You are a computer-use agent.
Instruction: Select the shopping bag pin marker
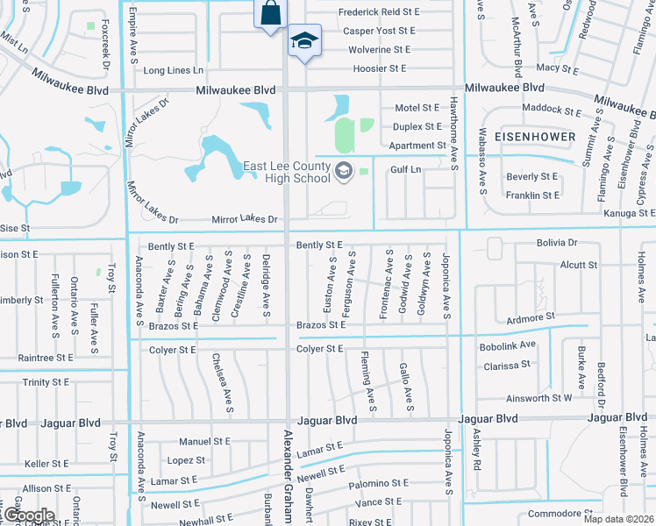tap(270, 14)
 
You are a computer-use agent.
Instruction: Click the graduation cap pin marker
tap(304, 40)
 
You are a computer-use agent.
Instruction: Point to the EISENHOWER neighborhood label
tap(535, 138)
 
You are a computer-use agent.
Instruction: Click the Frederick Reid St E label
tap(380, 12)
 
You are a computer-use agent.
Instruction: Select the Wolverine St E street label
tap(379, 50)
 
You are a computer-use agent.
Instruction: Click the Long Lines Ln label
tap(173, 70)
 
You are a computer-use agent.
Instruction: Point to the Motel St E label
tap(417, 108)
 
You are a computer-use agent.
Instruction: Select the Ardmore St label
tap(531, 316)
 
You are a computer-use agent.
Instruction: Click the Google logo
tap(28, 516)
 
